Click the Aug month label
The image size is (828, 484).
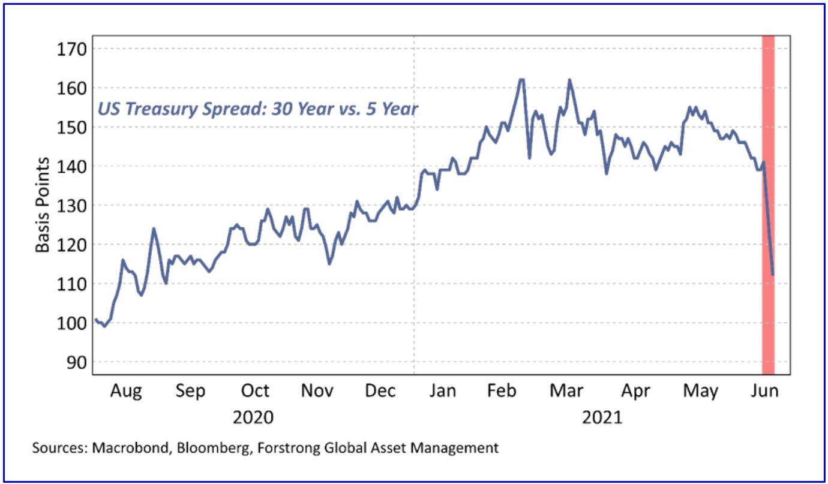click(x=126, y=392)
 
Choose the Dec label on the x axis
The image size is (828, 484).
click(x=380, y=392)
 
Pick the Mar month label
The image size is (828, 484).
click(x=566, y=392)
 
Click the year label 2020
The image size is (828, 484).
click(x=253, y=417)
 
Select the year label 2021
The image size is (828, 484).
click(x=602, y=417)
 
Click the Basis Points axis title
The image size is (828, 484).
click(x=42, y=205)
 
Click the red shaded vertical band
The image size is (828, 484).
click(x=768, y=204)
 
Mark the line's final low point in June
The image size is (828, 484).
click(x=773, y=275)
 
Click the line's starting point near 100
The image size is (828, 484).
click(x=96, y=320)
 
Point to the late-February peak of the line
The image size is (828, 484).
click(x=521, y=80)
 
